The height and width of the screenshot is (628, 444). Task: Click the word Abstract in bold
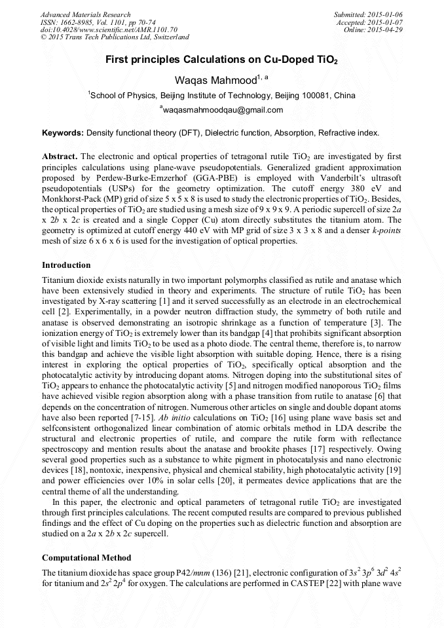coord(60,157)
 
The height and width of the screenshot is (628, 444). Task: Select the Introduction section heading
coord(66,265)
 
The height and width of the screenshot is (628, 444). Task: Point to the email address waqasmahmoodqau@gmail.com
coord(223,110)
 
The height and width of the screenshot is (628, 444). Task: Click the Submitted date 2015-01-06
coord(384,14)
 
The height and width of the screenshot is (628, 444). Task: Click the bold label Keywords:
coord(63,133)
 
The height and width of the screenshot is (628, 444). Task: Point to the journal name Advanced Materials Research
coord(85,14)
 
